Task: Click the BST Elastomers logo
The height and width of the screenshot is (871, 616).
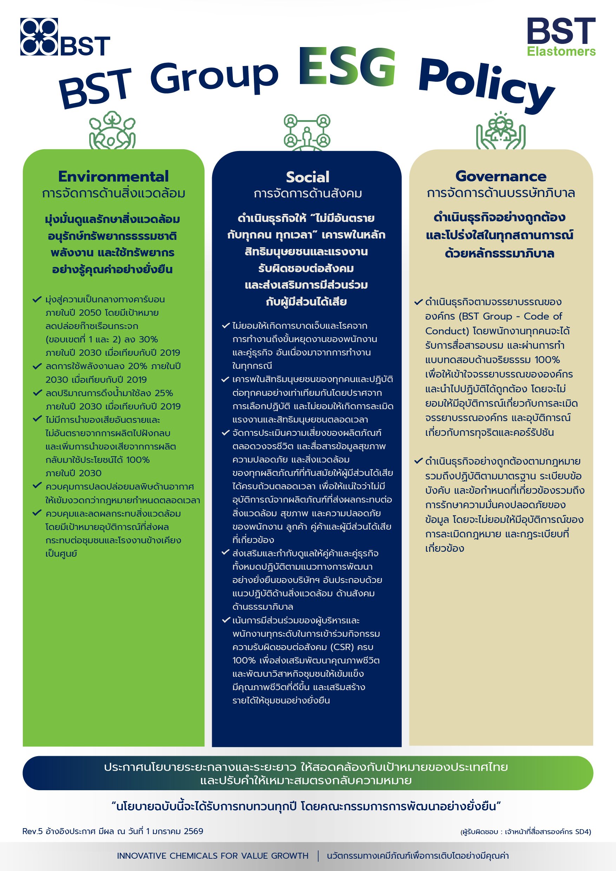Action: coord(561,37)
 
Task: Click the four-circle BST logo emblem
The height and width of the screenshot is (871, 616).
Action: coord(39,37)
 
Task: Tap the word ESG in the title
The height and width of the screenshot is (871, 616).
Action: coord(347,67)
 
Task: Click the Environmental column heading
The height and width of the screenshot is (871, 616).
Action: coord(113,176)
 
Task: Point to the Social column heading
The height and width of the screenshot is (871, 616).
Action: coord(308,177)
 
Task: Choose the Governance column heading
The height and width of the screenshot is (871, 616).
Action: coord(501,176)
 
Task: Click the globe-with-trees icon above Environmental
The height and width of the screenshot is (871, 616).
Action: coord(112,131)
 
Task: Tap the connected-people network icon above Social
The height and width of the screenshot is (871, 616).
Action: coord(307,131)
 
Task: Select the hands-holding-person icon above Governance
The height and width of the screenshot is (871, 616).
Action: coord(501,131)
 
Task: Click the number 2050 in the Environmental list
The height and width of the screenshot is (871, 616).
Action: coord(90,313)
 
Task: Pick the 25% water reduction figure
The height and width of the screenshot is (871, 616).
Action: coord(164,393)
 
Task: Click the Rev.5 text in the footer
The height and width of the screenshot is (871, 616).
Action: coord(32,831)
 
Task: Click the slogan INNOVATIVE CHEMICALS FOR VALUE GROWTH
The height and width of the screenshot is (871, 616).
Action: coord(212,856)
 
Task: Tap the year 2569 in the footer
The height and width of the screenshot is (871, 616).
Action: coord(193,831)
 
